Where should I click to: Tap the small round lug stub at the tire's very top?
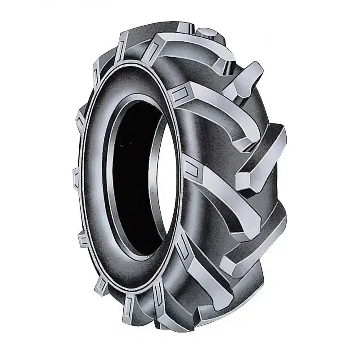tap(208, 33)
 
